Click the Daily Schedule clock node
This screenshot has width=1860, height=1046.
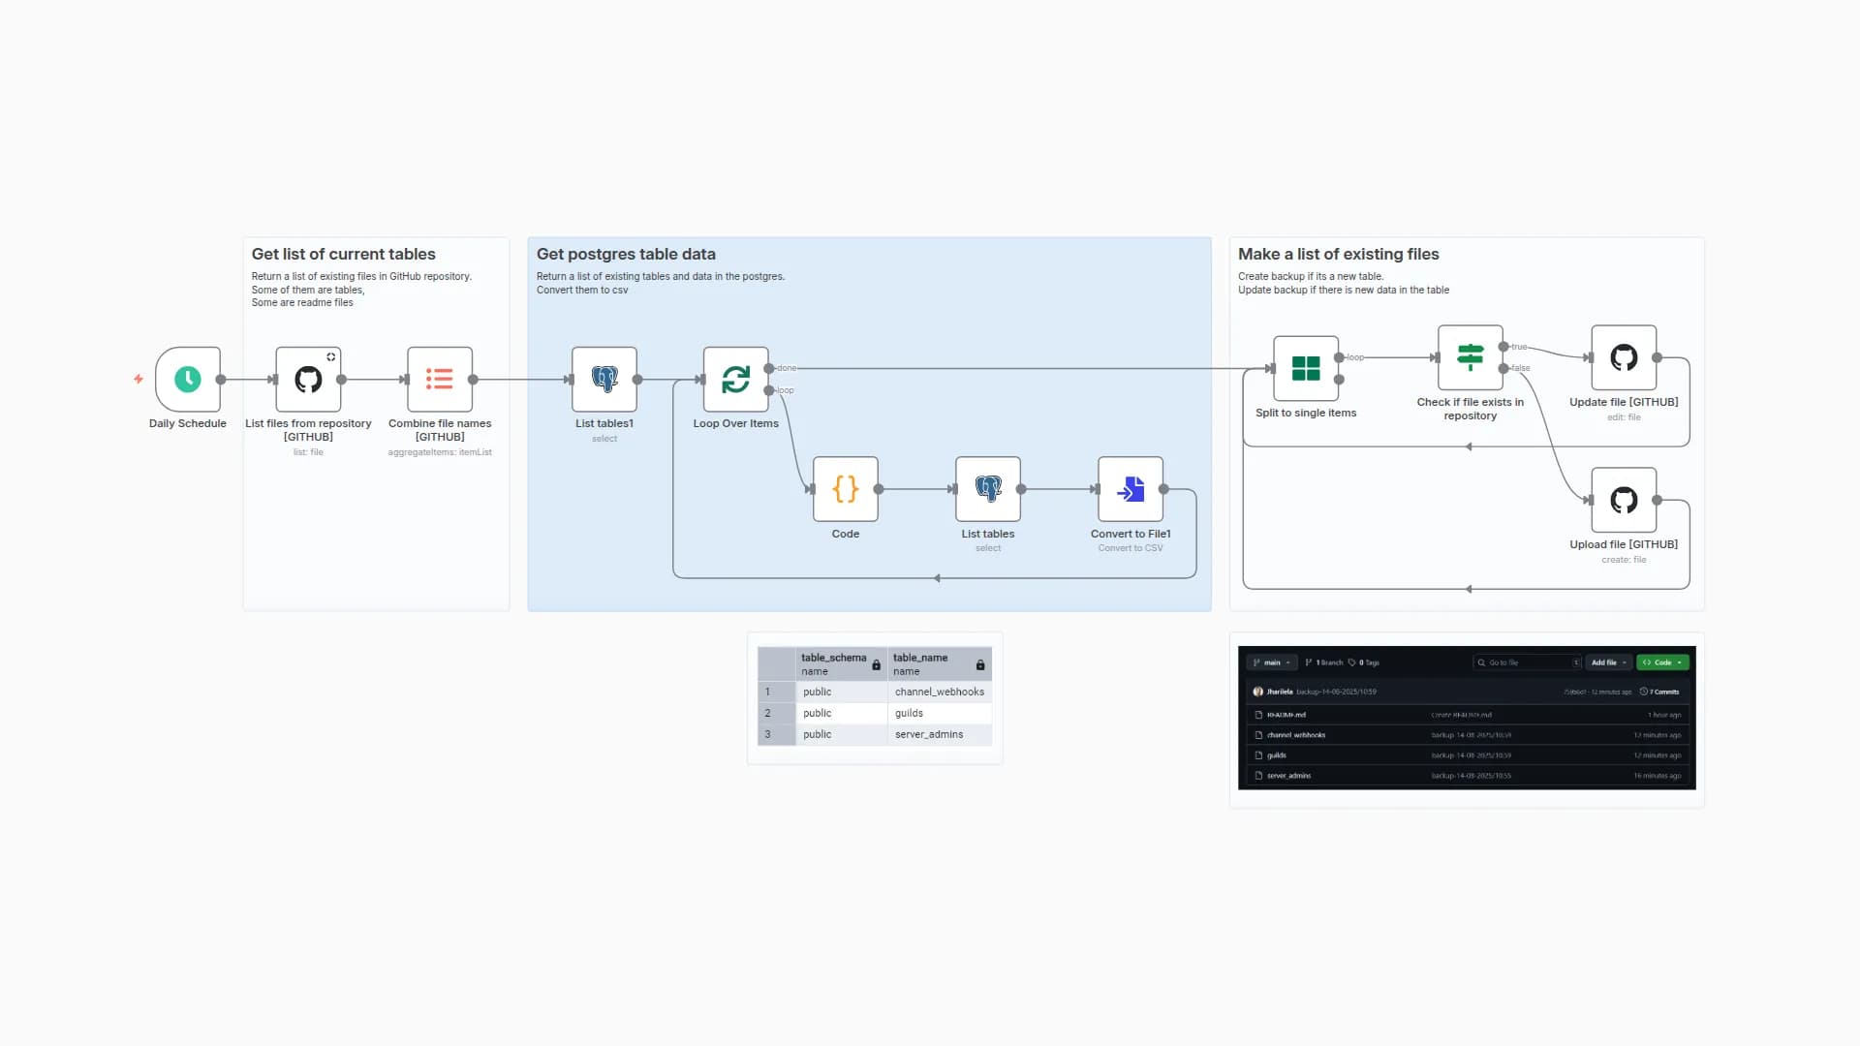tap(188, 380)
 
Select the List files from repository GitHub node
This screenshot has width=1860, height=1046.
tap(308, 380)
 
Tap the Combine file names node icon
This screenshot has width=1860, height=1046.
tap(440, 380)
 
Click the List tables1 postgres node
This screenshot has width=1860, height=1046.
tap(604, 380)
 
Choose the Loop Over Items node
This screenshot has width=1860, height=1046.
tap(736, 380)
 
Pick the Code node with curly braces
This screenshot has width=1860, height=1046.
tap(846, 489)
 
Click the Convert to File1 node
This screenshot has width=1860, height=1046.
tap(1131, 489)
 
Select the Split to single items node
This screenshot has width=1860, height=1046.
tap(1306, 369)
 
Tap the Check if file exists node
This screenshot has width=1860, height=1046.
tap(1471, 357)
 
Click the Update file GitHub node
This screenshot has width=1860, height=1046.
tap(1624, 357)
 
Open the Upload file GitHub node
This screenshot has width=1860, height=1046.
tap(1624, 500)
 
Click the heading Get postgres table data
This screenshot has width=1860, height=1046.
tap(626, 254)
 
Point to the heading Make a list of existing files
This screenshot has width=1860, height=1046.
tap(1338, 254)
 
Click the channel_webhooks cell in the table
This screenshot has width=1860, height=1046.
tap(939, 692)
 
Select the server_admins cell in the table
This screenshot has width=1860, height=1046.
tap(928, 734)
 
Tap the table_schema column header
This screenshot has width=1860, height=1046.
tap(833, 658)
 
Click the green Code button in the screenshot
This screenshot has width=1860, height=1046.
tap(1662, 662)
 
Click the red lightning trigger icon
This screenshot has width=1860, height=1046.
tap(139, 379)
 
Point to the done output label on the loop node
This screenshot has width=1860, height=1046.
tap(787, 368)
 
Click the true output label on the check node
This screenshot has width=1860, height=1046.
tap(1519, 347)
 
